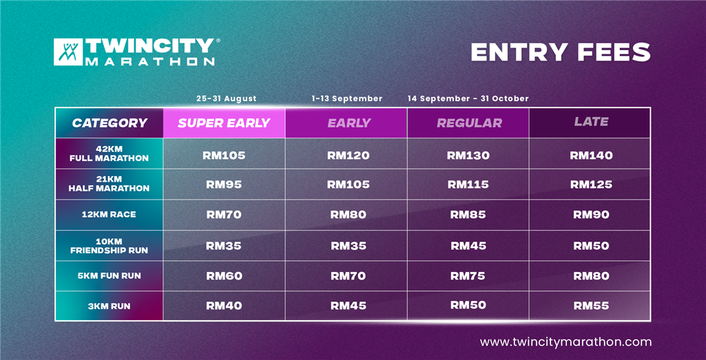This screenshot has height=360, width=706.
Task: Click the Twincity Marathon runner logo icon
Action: (x=68, y=52)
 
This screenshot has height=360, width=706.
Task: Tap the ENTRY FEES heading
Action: (x=561, y=52)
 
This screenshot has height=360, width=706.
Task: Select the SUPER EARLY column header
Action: (x=224, y=123)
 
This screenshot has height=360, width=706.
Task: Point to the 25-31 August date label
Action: (x=227, y=98)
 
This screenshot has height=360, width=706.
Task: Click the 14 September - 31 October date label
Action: (x=468, y=98)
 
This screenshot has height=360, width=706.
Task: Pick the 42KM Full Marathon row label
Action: (x=109, y=153)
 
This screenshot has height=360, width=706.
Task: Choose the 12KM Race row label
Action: (x=109, y=214)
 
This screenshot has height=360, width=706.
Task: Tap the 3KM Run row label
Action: (x=109, y=306)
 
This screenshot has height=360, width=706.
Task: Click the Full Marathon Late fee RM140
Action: (x=591, y=156)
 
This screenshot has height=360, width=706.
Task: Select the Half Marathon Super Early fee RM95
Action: (x=224, y=184)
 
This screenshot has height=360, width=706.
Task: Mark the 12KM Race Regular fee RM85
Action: (x=468, y=215)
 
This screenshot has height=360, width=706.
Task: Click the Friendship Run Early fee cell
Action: (x=346, y=246)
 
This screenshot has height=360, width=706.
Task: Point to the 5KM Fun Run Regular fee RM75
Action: (x=468, y=275)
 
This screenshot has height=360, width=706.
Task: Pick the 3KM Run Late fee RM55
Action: (x=591, y=306)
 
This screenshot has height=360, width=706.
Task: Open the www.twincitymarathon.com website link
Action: (x=565, y=342)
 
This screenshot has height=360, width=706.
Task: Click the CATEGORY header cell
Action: (x=110, y=123)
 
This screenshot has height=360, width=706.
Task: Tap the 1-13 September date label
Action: (x=346, y=98)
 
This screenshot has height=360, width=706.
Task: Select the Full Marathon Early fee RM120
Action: (x=348, y=156)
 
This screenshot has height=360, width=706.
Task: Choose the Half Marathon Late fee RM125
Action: (x=591, y=184)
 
